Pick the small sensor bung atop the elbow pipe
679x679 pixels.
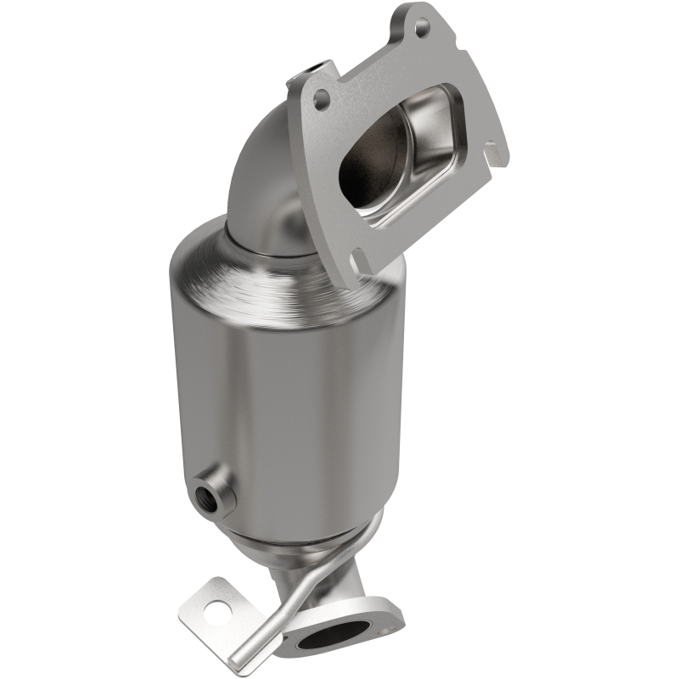click(x=317, y=65)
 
